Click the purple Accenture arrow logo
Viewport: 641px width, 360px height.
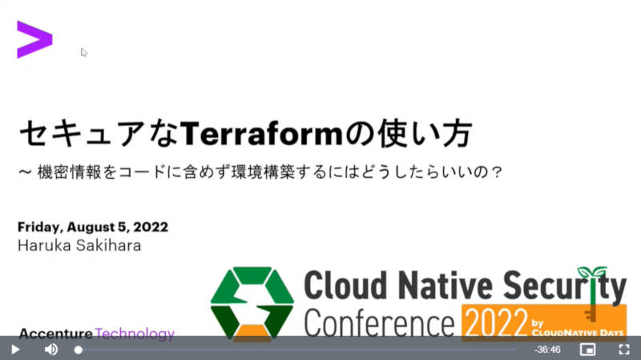click(34, 39)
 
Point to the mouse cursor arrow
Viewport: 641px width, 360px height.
click(84, 52)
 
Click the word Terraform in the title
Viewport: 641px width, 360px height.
click(262, 134)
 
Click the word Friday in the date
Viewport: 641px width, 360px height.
click(40, 228)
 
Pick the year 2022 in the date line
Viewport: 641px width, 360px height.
click(151, 227)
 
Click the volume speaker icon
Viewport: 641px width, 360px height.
click(51, 350)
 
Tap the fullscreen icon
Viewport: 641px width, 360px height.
click(624, 350)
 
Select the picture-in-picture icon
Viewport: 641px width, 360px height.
click(587, 350)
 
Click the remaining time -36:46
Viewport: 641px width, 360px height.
click(547, 350)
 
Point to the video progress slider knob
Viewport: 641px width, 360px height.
click(78, 350)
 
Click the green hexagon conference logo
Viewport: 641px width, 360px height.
click(252, 304)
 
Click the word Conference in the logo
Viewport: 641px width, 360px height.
click(379, 323)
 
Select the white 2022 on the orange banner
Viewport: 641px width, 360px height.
click(496, 323)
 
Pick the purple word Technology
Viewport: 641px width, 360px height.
click(135, 334)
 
